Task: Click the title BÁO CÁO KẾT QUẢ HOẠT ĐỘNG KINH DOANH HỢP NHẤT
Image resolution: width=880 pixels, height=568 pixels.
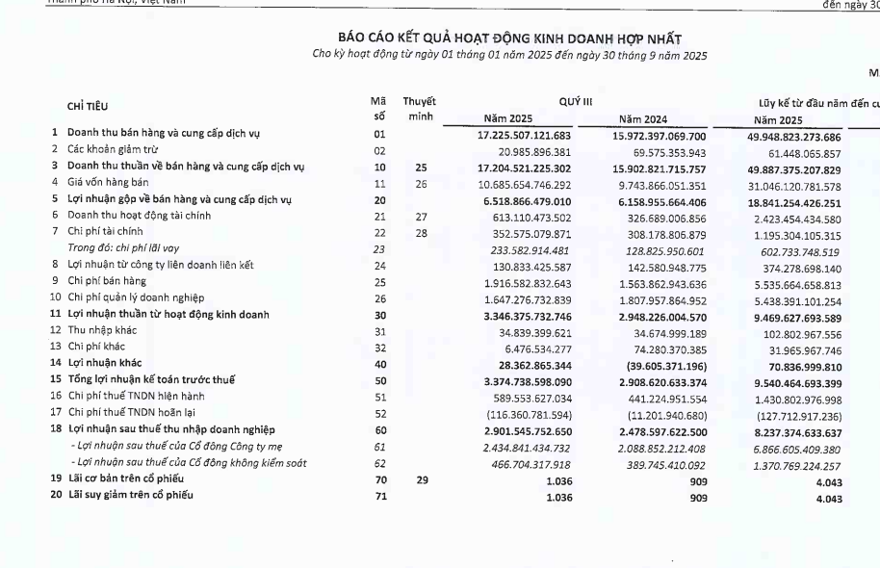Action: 509,38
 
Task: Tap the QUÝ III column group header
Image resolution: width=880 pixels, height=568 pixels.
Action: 575,100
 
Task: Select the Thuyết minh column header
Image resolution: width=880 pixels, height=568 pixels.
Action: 419,109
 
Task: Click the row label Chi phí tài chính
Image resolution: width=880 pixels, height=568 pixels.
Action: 105,232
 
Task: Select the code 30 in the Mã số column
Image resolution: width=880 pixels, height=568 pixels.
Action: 378,314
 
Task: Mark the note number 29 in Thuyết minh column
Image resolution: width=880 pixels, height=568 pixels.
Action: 422,478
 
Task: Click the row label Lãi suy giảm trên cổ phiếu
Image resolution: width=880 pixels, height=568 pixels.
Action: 129,495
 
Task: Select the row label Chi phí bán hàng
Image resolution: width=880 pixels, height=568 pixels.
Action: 106,281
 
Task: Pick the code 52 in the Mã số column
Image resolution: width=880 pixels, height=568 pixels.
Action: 378,412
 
